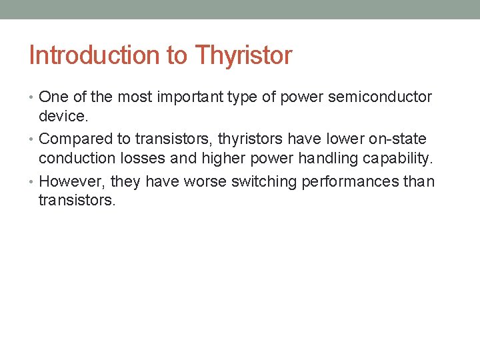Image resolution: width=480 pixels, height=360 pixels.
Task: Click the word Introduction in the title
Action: click(x=94, y=55)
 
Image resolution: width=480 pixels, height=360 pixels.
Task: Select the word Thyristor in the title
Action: click(x=243, y=55)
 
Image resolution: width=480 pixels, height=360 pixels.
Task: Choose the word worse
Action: click(x=209, y=181)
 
